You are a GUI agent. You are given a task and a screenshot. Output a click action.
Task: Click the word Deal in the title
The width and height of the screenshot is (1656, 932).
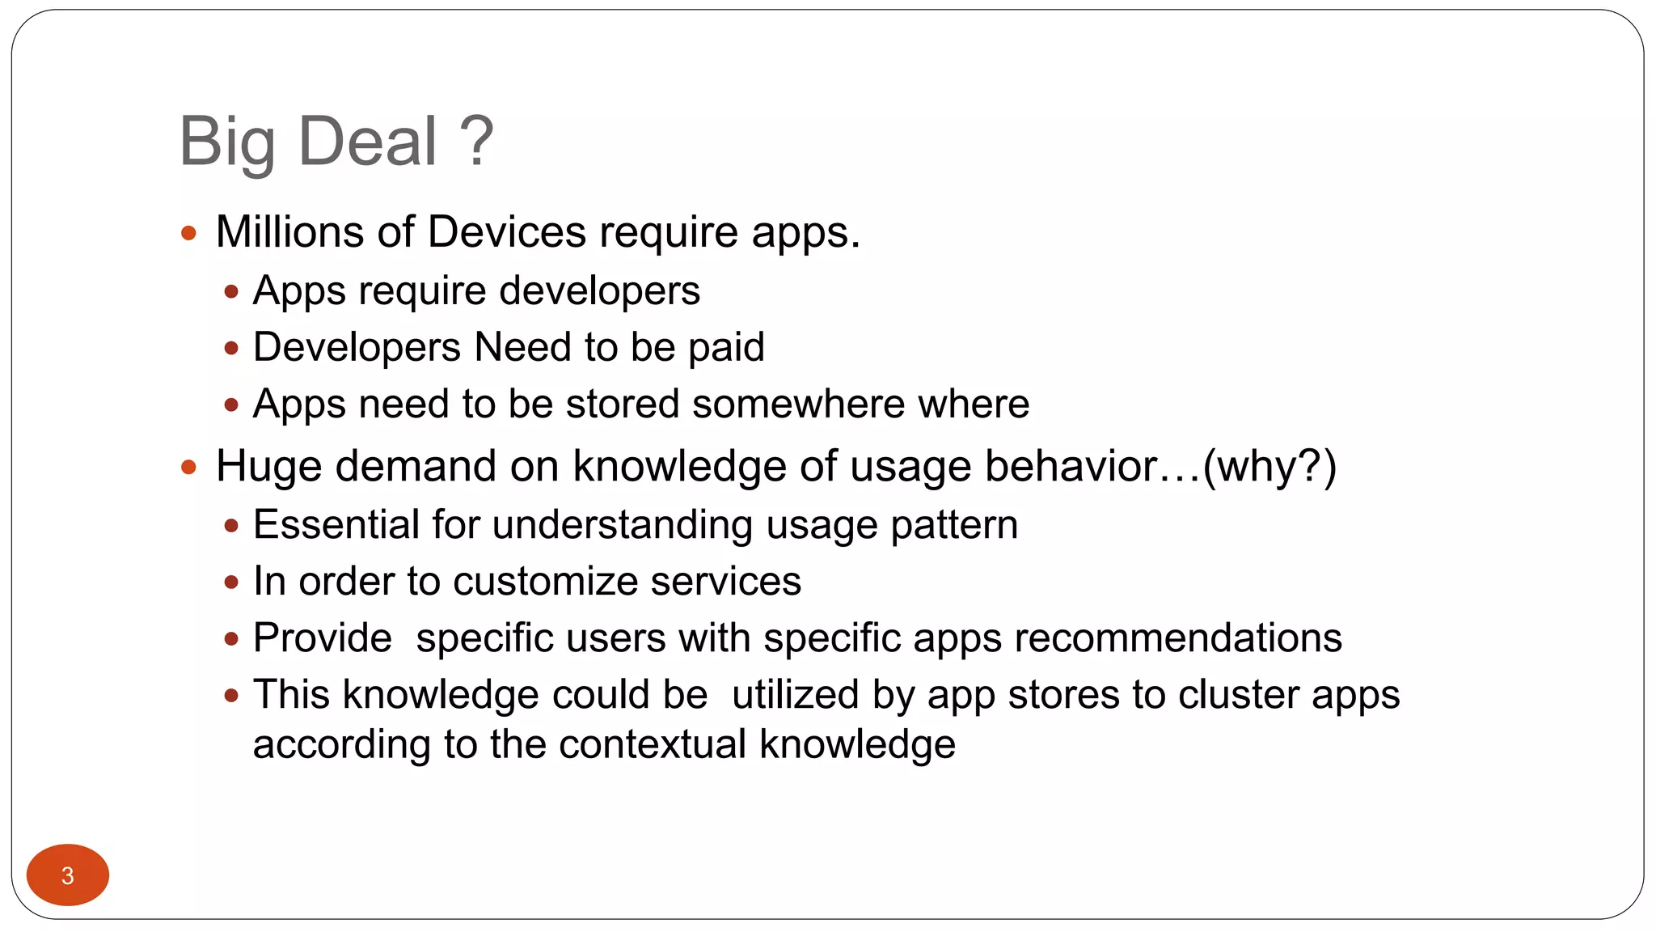pyautogui.click(x=368, y=142)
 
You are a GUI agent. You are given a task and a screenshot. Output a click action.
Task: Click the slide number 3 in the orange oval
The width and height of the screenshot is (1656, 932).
pyautogui.click(x=68, y=875)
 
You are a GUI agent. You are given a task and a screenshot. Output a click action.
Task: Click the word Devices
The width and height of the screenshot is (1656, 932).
pyautogui.click(x=507, y=232)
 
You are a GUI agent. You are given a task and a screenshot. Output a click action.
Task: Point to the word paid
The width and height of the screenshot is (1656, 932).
pyautogui.click(x=726, y=348)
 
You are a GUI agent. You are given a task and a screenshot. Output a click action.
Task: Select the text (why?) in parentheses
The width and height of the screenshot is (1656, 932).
pyautogui.click(x=1269, y=467)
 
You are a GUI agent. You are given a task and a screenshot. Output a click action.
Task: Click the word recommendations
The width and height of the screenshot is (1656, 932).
pyautogui.click(x=1178, y=638)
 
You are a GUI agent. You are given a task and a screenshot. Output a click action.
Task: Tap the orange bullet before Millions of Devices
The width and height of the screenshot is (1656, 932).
pyautogui.click(x=189, y=234)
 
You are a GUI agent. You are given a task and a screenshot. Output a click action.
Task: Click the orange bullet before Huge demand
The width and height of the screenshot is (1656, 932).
pyautogui.click(x=189, y=468)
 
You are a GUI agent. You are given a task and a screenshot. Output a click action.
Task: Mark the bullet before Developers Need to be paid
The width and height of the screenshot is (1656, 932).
pyautogui.click(x=232, y=349)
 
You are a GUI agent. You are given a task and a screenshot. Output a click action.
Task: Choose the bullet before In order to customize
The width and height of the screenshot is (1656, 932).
pyautogui.click(x=232, y=582)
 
